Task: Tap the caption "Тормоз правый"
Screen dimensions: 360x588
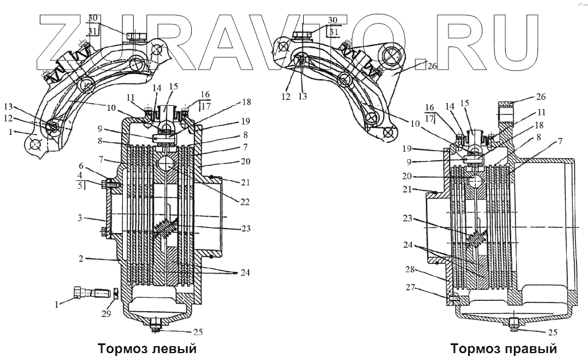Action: click(504, 349)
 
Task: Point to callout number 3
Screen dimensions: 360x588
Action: click(82, 218)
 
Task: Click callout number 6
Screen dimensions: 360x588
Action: click(82, 164)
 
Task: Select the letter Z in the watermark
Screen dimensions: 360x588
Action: click(66, 37)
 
